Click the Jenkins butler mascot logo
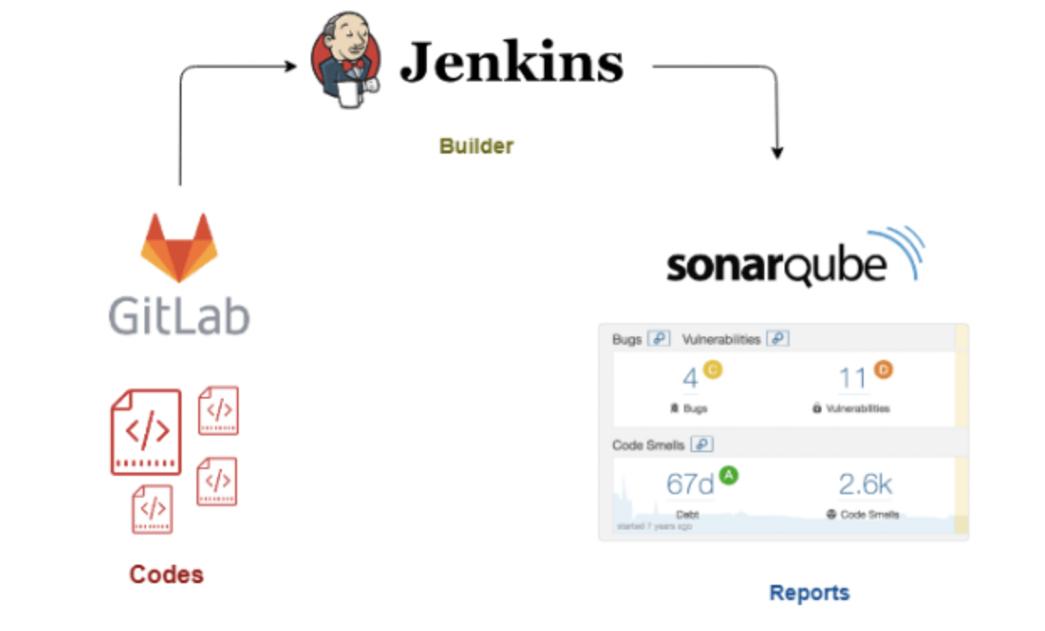tap(344, 60)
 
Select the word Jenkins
tap(512, 63)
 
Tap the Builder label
tap(476, 146)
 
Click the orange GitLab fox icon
tap(179, 247)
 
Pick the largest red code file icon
tap(146, 432)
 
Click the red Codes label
tap(166, 575)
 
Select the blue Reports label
tap(809, 592)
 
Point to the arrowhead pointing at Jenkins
tap(291, 65)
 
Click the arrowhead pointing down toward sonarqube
tap(777, 153)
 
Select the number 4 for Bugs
tap(691, 378)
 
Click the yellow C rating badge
tap(712, 368)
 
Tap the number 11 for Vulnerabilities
tap(853, 378)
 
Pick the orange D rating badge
tap(882, 368)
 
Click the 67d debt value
tap(690, 484)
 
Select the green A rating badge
tap(728, 476)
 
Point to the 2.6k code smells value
tap(865, 484)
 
